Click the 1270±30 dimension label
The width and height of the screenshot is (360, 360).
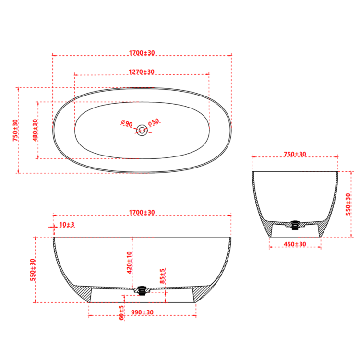(142, 72)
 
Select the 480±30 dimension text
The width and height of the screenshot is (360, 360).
(35, 130)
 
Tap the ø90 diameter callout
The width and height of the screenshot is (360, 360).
(127, 123)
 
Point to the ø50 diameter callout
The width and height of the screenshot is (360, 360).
(154, 122)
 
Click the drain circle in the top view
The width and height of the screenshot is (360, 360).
(142, 130)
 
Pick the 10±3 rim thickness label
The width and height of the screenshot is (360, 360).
(67, 224)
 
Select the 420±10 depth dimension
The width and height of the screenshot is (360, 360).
(129, 263)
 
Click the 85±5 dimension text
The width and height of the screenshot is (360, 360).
(162, 276)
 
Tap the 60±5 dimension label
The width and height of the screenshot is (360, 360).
(121, 312)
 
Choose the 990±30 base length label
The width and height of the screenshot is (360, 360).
(142, 312)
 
